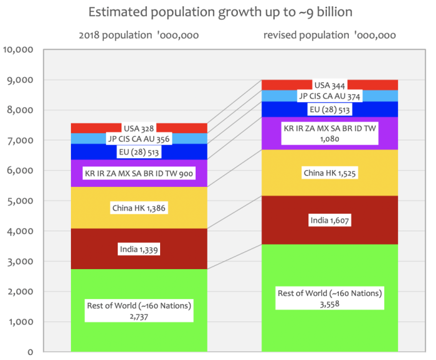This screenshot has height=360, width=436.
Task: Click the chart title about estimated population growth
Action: (x=217, y=12)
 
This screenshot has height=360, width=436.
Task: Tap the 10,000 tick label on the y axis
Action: (x=21, y=50)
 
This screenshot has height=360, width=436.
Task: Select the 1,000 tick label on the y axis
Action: (x=23, y=322)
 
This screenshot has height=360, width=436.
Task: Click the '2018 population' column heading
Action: (x=139, y=36)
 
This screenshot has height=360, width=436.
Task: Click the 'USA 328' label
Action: (x=140, y=128)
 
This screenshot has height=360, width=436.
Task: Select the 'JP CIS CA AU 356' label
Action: (x=139, y=139)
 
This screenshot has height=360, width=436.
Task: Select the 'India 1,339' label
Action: (x=139, y=250)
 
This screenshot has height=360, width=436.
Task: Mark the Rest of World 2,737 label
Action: (x=139, y=310)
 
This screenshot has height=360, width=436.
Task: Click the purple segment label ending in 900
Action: (x=139, y=174)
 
